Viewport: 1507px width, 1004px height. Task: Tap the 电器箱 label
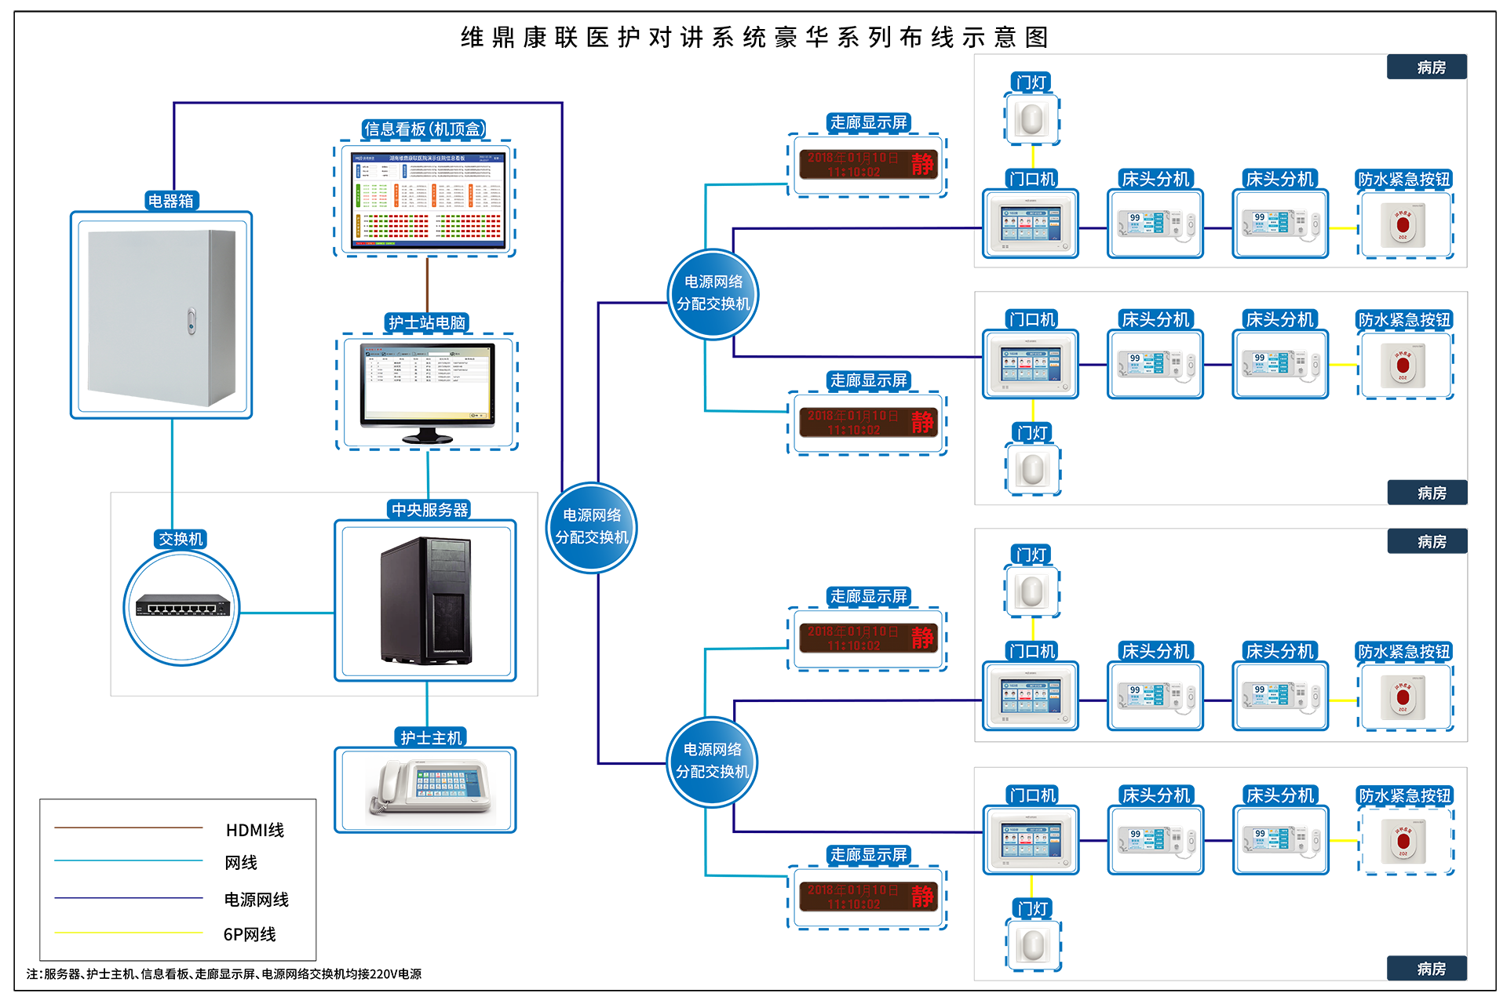click(x=171, y=201)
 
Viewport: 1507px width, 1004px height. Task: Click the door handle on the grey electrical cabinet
click(x=191, y=321)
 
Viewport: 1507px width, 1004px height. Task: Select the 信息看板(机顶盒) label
click(x=425, y=129)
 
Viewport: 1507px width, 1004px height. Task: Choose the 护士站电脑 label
click(x=427, y=322)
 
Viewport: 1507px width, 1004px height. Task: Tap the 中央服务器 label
click(x=429, y=510)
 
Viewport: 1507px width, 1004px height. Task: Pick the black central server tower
click(x=427, y=601)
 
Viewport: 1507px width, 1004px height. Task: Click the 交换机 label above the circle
click(x=181, y=539)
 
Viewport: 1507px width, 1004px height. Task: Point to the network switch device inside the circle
click(x=182, y=606)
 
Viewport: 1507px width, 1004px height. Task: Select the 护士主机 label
click(x=431, y=737)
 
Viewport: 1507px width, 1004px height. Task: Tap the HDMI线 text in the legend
click(x=255, y=830)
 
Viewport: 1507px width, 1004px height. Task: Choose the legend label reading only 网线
click(x=241, y=863)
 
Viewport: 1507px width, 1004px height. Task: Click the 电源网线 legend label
click(x=257, y=900)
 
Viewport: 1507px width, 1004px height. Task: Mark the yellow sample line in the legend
click(x=129, y=933)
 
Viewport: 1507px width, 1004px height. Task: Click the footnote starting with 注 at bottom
click(x=224, y=974)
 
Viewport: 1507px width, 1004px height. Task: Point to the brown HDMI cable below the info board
click(x=427, y=284)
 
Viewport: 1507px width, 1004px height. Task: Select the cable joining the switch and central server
click(x=286, y=613)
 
